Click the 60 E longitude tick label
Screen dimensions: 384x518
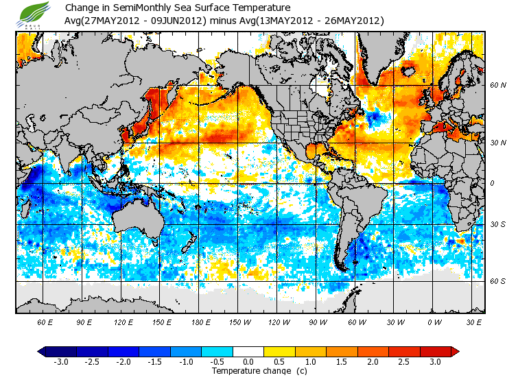click(45, 322)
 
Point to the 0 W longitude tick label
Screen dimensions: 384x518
click(434, 322)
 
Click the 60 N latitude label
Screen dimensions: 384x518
click(498, 86)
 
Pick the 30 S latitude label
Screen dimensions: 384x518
click(498, 225)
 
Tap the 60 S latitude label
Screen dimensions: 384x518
click(498, 281)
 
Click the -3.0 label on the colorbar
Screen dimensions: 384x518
click(60, 361)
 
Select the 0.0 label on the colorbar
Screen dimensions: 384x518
click(249, 361)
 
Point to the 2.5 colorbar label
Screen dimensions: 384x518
click(405, 361)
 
